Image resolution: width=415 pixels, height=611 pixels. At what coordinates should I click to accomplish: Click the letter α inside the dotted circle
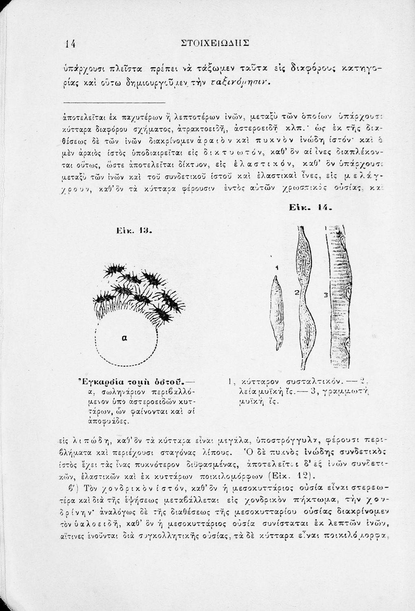[124, 337]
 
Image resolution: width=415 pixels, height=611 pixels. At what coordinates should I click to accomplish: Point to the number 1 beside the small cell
[276, 268]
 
